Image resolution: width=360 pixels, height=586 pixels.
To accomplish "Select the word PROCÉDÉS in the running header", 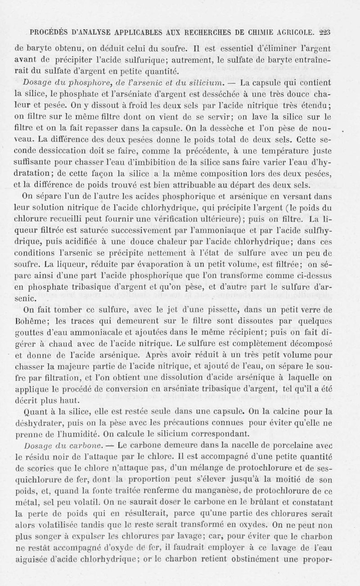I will pos(47,32).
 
